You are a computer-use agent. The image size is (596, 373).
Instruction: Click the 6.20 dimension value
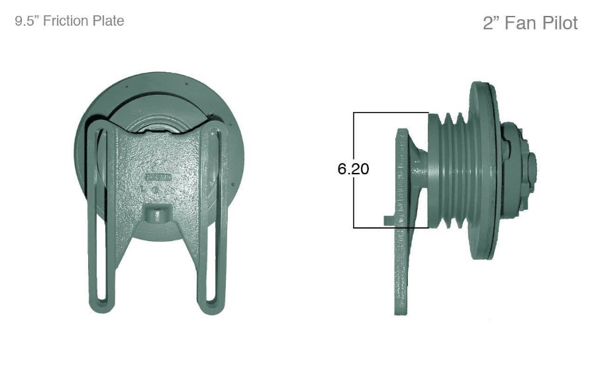tap(353, 169)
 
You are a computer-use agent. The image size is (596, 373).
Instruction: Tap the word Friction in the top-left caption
tap(70, 21)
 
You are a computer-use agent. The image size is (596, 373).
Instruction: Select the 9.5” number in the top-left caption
tap(27, 21)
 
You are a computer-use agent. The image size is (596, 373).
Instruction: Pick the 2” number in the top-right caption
tap(491, 23)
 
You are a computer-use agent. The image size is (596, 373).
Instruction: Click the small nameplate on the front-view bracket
tap(158, 178)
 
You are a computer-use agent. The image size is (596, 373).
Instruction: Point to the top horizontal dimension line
tap(391, 113)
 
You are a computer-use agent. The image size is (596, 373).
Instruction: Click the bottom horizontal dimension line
tap(391, 228)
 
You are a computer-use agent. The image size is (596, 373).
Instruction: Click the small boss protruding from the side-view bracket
tap(389, 218)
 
